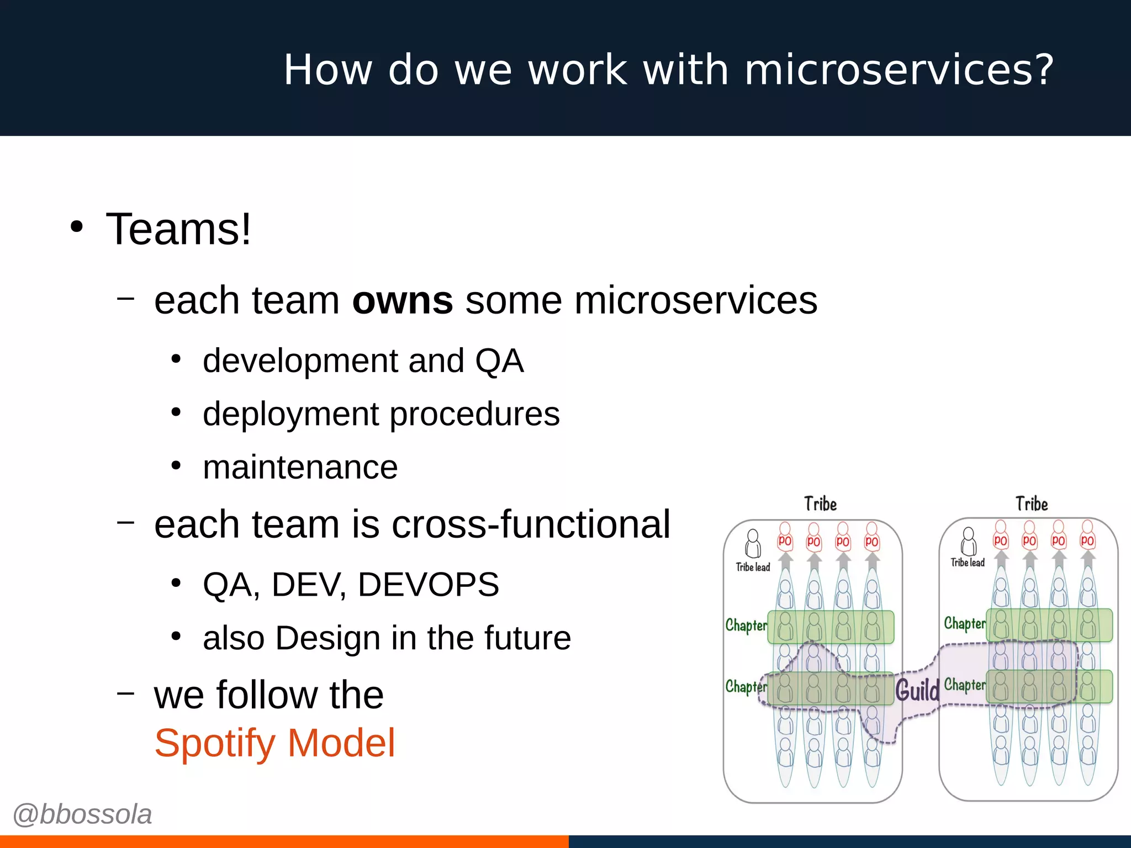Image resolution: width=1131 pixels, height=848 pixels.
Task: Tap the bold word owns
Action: (403, 301)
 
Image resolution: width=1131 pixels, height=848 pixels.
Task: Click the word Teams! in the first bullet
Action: (178, 229)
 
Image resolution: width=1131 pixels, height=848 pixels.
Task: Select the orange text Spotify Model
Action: (274, 743)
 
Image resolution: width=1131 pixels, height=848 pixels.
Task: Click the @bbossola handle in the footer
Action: (82, 814)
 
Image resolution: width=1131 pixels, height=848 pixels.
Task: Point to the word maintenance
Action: (300, 468)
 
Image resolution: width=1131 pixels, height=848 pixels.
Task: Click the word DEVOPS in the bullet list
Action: (428, 585)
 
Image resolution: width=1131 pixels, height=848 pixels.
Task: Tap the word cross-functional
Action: (531, 524)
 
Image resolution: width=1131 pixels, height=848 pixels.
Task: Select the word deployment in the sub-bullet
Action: (290, 414)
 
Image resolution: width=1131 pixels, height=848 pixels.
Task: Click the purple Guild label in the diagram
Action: (917, 690)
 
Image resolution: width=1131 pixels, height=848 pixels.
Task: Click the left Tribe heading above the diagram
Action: (820, 504)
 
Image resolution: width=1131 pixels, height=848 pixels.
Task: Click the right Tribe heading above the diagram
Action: (1032, 504)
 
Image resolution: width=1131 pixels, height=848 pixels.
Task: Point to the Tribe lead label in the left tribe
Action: (753, 567)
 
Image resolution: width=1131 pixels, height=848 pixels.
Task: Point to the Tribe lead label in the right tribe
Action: (968, 563)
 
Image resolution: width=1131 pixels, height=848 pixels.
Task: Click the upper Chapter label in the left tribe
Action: (746, 626)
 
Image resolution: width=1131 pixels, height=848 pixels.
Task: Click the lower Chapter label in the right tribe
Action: (964, 685)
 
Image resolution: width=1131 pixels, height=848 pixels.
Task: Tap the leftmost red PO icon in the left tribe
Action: (785, 540)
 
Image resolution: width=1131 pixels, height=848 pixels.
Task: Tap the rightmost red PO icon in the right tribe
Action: (1087, 540)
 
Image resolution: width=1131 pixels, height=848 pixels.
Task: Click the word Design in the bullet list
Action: (327, 638)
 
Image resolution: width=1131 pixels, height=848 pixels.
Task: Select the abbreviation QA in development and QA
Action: (499, 362)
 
